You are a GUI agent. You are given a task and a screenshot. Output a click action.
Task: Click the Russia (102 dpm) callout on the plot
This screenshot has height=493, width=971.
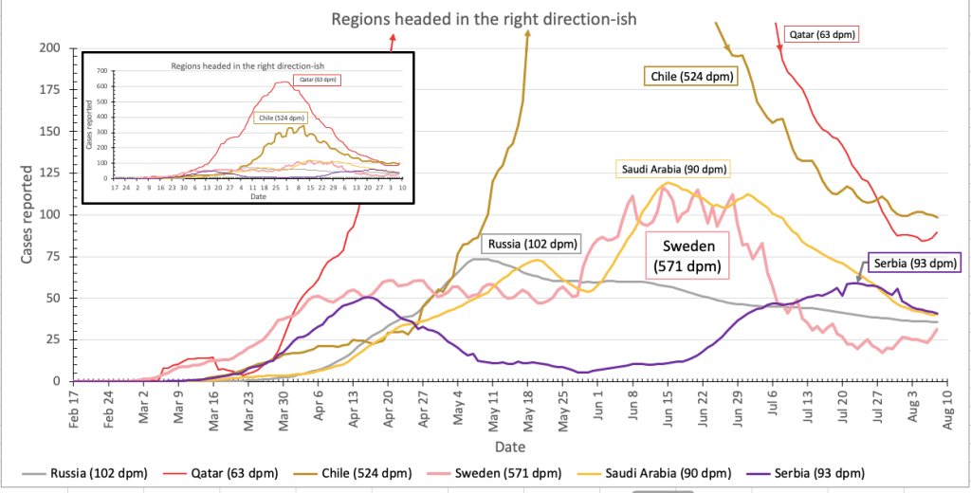[x=530, y=243]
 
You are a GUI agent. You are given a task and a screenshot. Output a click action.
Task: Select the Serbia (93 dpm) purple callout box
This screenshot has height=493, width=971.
[x=912, y=263]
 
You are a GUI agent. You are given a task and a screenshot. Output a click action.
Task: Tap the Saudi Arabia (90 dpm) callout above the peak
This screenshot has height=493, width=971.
[x=673, y=171]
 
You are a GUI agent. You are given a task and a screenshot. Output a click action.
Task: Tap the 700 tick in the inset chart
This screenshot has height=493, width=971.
[x=101, y=72]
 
